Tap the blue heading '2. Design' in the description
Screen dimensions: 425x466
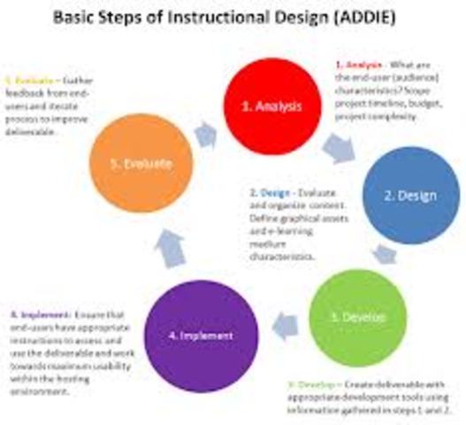coord(269,191)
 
